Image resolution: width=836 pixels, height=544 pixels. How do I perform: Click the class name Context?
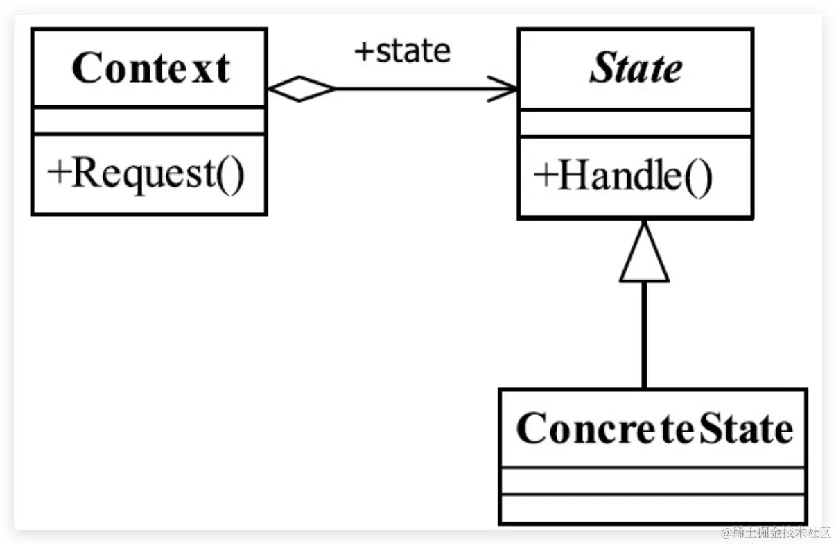[149, 68]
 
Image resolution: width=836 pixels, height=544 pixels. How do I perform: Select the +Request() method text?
[146, 173]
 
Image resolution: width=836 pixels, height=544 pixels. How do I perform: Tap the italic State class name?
[636, 69]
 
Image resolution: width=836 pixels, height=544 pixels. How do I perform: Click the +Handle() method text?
[622, 176]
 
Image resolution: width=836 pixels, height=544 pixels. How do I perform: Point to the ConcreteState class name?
[654, 428]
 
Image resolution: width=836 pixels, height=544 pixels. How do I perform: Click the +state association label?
[402, 51]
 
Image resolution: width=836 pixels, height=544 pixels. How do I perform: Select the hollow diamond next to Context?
[300, 89]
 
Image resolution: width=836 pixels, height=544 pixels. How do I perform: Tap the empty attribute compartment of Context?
[149, 121]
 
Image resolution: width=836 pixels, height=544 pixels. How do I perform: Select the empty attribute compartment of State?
[636, 123]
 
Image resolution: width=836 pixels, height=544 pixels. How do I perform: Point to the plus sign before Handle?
[544, 176]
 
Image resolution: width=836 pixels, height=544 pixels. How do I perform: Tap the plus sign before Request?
[58, 173]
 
